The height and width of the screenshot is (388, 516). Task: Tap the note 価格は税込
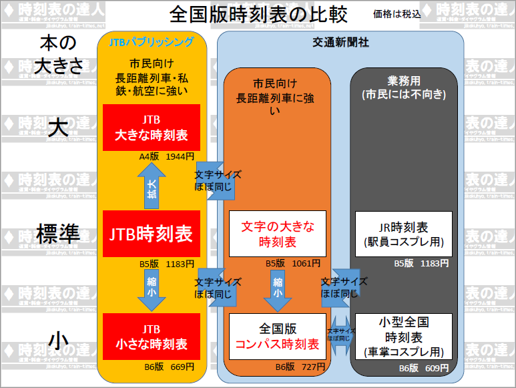(397, 13)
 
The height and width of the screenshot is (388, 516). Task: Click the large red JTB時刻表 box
(152, 234)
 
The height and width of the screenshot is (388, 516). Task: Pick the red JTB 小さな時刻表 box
(152, 337)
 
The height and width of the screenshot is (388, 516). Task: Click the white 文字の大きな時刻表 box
(277, 234)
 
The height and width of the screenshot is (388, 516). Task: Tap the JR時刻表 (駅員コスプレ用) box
(403, 234)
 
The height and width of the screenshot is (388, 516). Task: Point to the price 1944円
(180, 157)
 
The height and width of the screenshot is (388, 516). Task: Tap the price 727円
(313, 367)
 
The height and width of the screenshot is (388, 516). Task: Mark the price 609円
(435, 367)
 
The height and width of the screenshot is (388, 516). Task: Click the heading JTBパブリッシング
(152, 42)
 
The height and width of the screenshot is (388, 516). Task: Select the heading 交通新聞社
(340, 42)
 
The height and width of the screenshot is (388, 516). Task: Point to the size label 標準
(59, 234)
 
